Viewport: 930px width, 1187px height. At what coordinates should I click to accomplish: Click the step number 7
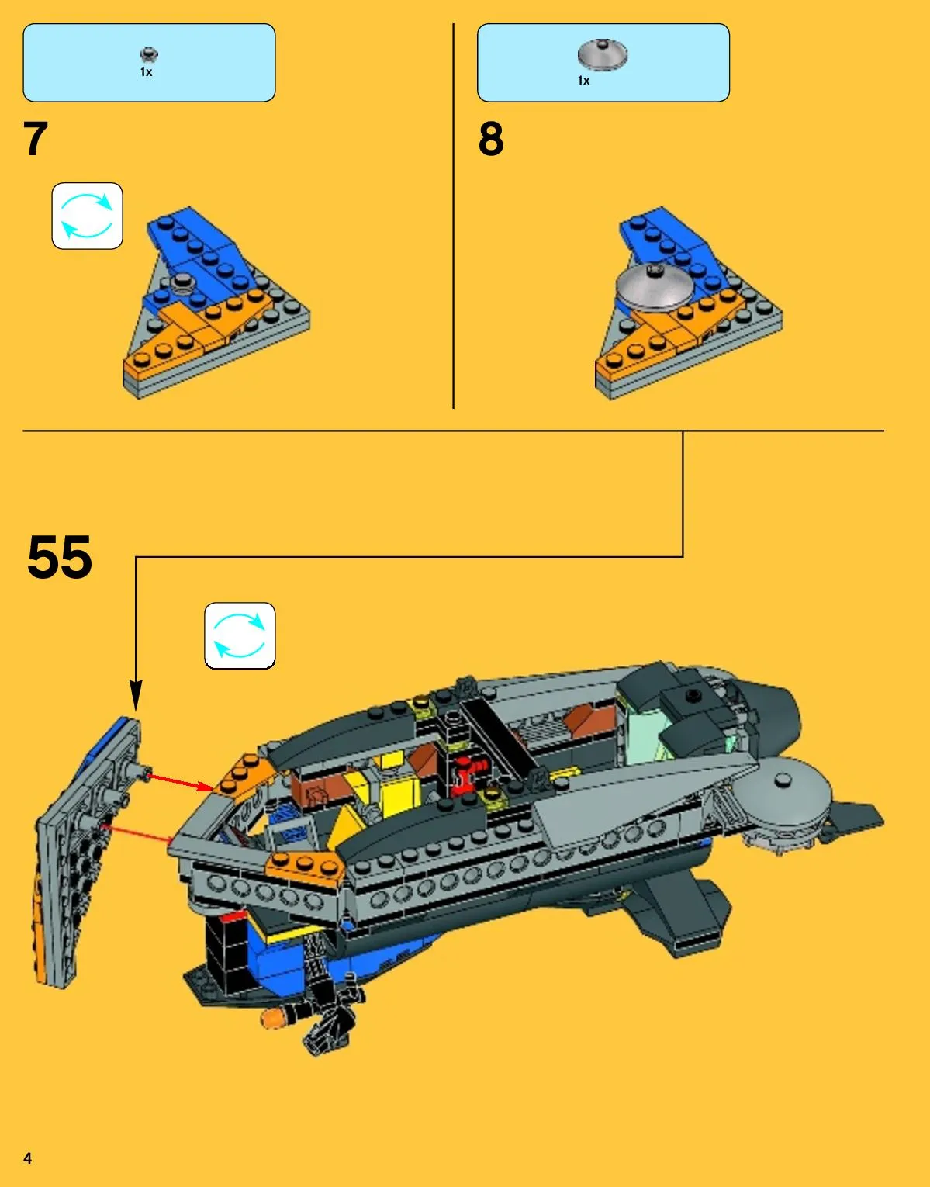click(36, 139)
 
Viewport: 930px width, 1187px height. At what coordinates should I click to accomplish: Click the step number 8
click(490, 139)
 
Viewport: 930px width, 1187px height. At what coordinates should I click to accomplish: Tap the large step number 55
click(60, 557)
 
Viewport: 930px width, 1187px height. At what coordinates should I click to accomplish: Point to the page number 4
click(28, 1158)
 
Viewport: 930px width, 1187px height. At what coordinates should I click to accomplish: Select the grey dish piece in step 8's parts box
click(603, 54)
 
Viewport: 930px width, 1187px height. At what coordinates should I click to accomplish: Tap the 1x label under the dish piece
click(584, 81)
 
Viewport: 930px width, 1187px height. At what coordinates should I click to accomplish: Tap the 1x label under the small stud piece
click(146, 72)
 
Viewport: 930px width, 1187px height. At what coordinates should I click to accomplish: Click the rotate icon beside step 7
click(88, 216)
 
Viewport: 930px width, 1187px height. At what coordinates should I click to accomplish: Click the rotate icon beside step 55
click(240, 635)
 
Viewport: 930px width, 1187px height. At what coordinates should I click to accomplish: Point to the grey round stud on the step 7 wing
click(180, 282)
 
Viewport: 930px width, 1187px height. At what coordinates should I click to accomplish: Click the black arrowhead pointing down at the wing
click(136, 694)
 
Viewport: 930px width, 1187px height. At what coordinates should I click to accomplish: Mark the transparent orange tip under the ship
click(271, 1018)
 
